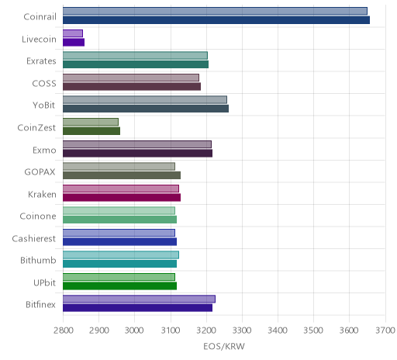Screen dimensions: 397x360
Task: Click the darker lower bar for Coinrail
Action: (216, 20)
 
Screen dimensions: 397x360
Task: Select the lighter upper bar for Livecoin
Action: (73, 33)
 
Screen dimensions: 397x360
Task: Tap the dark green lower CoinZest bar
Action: (91, 131)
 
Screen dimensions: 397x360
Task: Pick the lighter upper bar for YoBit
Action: (145, 99)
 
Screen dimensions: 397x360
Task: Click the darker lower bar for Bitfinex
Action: (137, 308)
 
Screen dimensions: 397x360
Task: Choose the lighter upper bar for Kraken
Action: (121, 189)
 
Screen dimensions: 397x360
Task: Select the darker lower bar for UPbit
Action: (120, 286)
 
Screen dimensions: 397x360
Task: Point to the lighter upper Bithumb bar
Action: (121, 254)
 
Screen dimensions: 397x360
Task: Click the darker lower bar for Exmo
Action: (137, 153)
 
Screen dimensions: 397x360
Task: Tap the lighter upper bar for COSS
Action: (131, 78)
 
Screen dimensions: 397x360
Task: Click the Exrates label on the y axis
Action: (41, 61)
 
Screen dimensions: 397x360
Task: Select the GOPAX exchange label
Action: (40, 172)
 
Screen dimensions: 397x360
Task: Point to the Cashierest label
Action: (34, 238)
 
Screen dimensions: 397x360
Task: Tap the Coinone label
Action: (38, 216)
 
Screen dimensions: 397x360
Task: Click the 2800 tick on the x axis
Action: (63, 331)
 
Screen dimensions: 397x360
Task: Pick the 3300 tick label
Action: (242, 331)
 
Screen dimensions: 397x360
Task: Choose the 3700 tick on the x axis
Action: (385, 331)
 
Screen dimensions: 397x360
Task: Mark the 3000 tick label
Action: (134, 331)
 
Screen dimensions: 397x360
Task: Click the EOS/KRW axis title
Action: (224, 347)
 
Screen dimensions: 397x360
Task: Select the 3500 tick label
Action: (313, 331)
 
